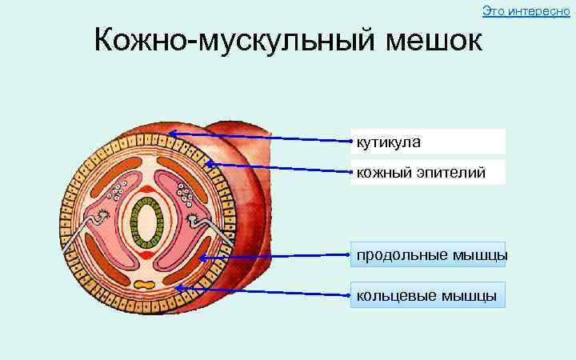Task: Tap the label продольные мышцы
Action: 430,254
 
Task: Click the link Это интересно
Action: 526,10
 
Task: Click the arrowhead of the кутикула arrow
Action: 171,133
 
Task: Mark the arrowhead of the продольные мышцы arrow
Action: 202,258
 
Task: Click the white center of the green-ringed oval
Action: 147,223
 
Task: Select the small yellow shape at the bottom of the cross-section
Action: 146,284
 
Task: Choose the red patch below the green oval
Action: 147,255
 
